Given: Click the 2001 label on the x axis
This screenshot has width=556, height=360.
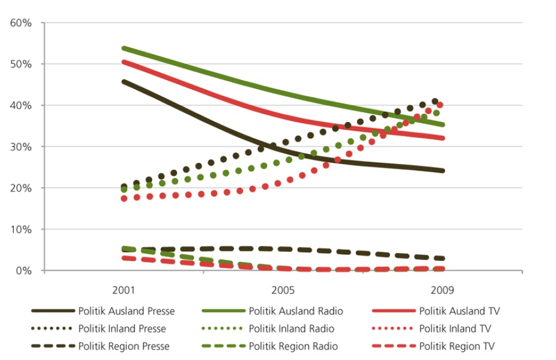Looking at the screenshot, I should [x=124, y=291].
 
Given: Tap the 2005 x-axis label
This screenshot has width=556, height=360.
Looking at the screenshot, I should [x=283, y=291].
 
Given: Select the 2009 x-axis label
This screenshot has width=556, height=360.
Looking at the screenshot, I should [x=442, y=291].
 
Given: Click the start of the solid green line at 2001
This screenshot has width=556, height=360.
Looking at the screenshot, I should [x=123, y=48].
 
